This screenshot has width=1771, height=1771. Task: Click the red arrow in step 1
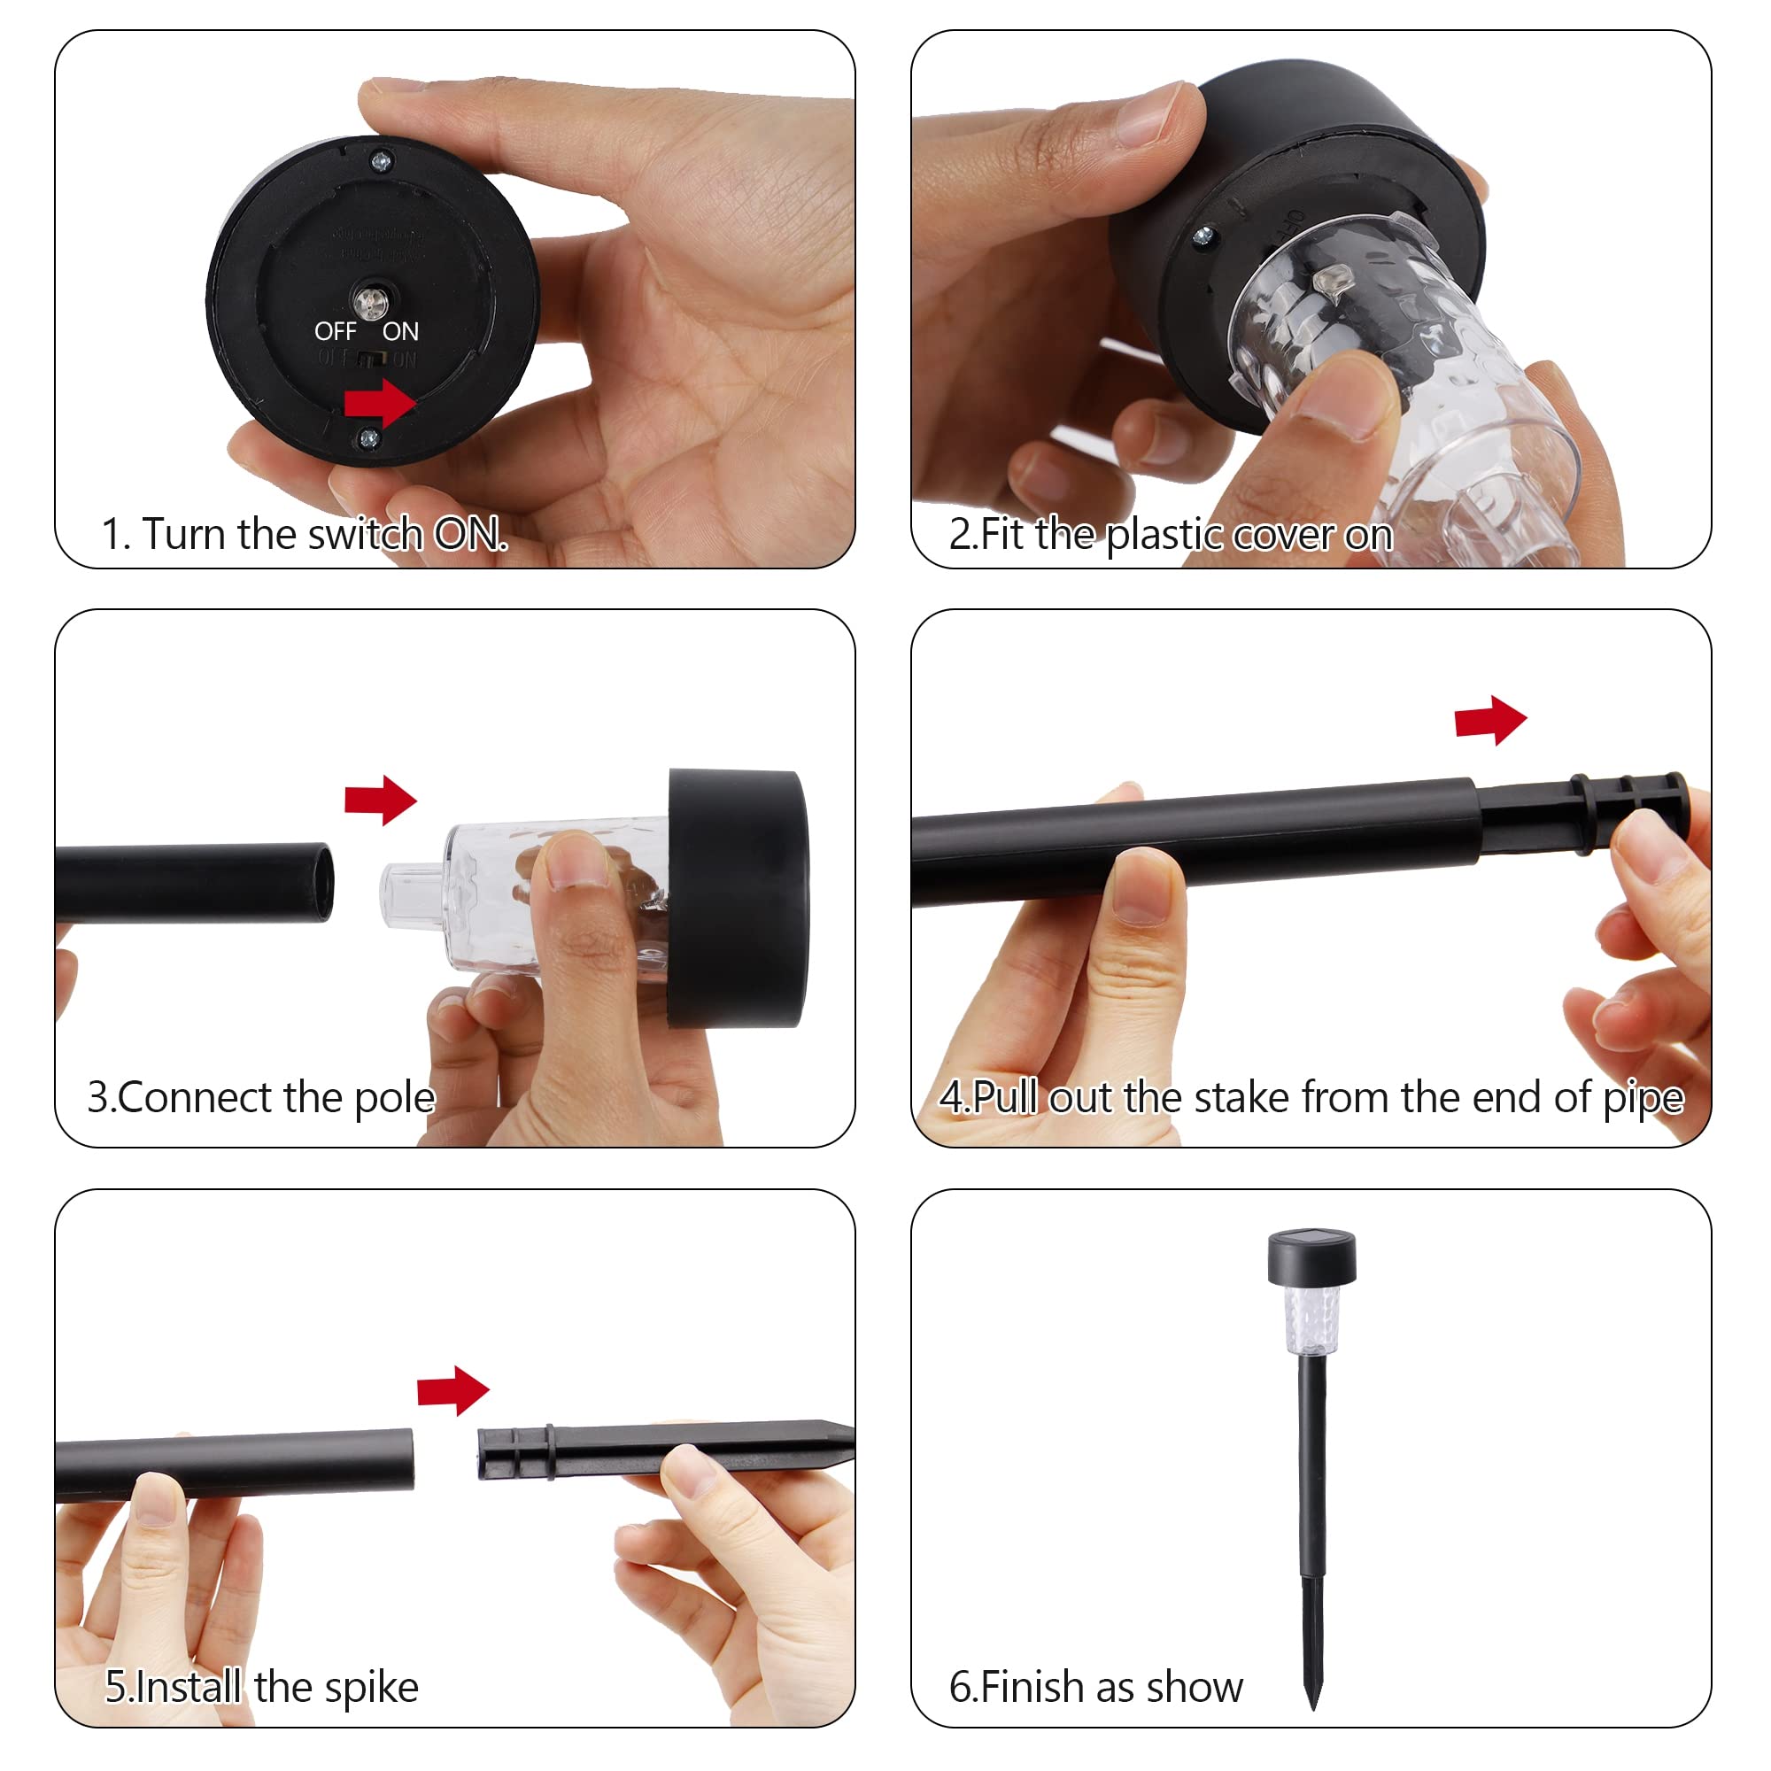381,402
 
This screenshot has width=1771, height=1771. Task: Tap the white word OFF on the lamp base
336,331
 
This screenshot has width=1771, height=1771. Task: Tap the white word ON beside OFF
400,331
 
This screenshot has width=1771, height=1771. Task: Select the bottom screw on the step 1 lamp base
369,439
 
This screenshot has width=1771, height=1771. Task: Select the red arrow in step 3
381,800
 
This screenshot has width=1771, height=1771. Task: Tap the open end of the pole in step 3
321,882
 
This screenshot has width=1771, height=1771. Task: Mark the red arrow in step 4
1490,721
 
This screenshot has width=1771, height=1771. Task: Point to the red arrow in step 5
452,1390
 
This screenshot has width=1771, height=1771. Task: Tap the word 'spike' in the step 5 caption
371,1688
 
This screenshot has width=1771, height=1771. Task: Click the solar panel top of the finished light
1311,1241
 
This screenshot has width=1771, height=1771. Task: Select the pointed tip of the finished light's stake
1313,1708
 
